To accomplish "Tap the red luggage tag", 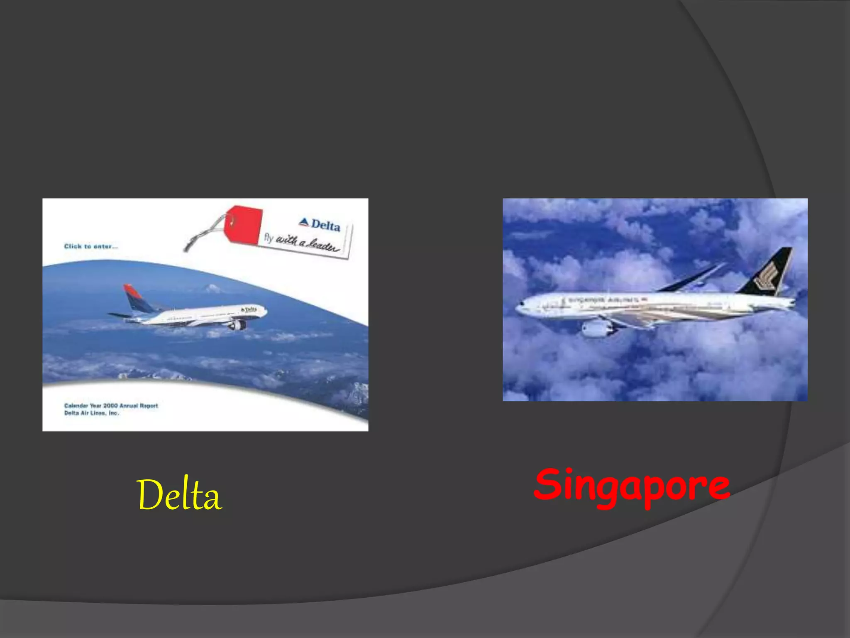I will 243,225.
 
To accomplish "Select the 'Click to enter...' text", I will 91,246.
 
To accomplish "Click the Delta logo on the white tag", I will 320,225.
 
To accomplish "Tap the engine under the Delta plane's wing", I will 237,325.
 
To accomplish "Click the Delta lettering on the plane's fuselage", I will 249,309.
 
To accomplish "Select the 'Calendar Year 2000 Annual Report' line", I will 111,405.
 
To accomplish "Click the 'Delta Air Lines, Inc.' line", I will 91,413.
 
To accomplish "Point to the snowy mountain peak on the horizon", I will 211,287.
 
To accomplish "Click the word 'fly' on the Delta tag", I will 269,238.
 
